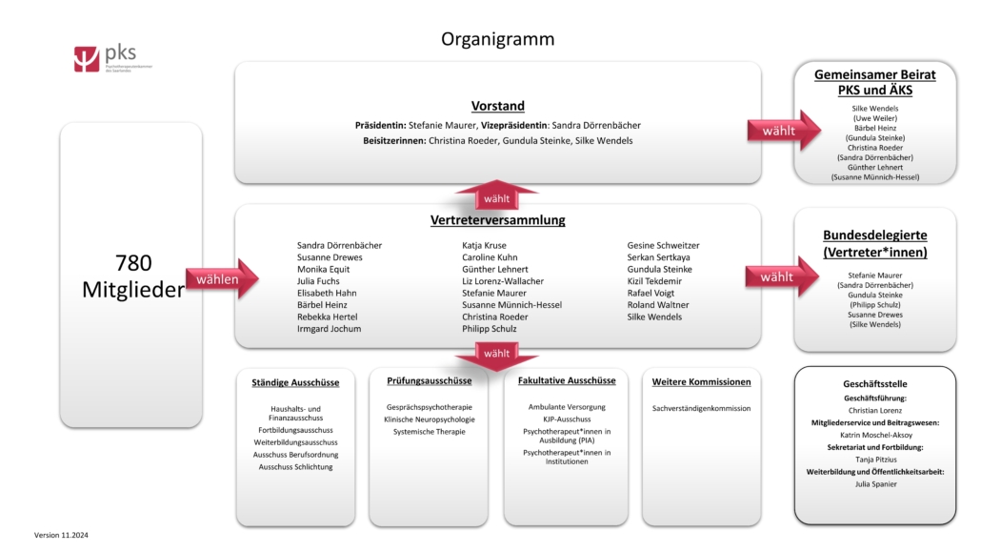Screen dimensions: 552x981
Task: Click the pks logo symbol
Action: pos(86,59)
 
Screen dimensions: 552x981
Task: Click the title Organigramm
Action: pos(497,39)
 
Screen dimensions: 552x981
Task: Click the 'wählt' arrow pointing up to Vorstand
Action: pos(497,197)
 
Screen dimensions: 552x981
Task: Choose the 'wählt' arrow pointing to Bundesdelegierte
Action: pos(783,276)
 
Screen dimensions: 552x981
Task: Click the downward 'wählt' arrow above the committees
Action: pos(497,354)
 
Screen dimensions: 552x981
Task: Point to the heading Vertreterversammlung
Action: pos(497,220)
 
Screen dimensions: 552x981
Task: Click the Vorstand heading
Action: pos(497,106)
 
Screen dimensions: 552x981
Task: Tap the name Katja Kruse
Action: pos(484,245)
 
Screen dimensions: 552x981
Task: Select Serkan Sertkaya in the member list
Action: pos(658,257)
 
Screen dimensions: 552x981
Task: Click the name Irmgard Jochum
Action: pos(329,329)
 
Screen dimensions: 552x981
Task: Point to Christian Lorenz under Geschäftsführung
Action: pos(875,410)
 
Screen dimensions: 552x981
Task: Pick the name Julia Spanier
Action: pos(875,483)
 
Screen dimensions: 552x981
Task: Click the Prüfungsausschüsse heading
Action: pos(429,380)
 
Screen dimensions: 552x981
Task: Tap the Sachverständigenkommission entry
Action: pos(701,408)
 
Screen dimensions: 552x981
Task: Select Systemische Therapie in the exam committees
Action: pos(429,432)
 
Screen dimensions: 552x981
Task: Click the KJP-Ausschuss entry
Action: pos(567,419)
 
